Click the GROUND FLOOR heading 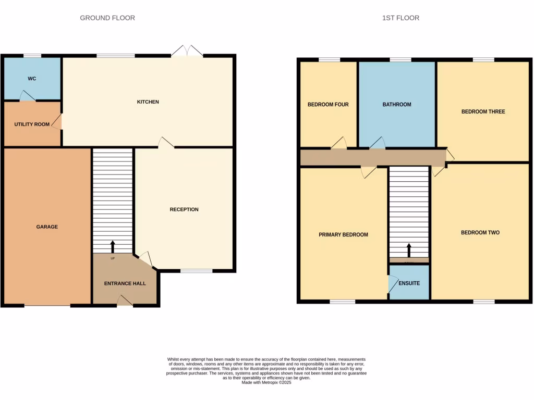[x=107, y=18]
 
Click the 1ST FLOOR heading [x=400, y=18]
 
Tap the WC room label [x=32, y=79]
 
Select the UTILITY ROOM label [x=32, y=124]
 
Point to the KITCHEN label [x=148, y=102]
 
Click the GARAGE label [x=47, y=227]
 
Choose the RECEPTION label [x=184, y=209]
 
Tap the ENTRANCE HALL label [x=125, y=284]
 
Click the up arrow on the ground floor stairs [x=113, y=246]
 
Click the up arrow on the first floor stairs [x=409, y=250]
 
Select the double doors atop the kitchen [x=188, y=51]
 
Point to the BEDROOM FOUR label [x=328, y=105]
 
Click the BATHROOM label [x=397, y=105]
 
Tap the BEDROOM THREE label [x=483, y=111]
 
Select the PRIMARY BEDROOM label [x=343, y=235]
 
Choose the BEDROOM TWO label [x=480, y=233]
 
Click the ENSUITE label [x=409, y=284]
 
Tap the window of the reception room [x=197, y=271]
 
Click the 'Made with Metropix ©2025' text [x=266, y=382]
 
